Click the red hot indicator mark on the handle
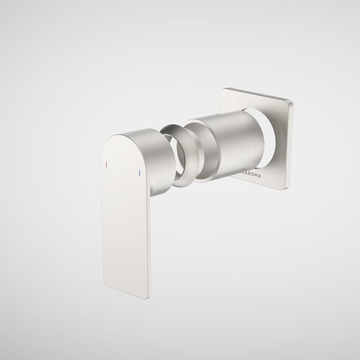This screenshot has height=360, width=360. [106, 163]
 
